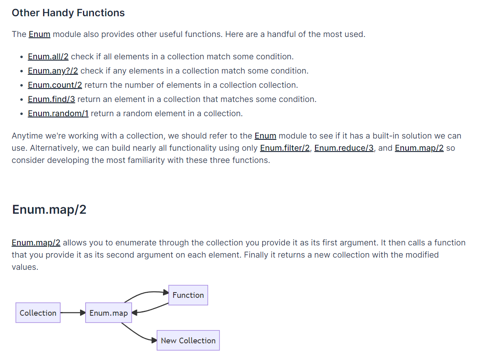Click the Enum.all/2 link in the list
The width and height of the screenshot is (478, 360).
pos(48,56)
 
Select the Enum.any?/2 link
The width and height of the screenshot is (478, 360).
pos(53,71)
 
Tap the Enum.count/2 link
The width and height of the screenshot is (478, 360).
pos(55,85)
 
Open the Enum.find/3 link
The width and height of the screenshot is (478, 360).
pos(51,99)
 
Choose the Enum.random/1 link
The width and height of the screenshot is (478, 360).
pos(58,113)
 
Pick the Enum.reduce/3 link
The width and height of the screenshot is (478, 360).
pos(344,148)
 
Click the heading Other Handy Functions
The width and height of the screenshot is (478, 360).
pos(68,13)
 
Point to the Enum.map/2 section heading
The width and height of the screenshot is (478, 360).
pos(49,209)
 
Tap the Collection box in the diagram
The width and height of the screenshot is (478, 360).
pos(38,313)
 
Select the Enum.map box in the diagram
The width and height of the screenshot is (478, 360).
pos(109,313)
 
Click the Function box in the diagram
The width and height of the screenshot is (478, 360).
pos(188,295)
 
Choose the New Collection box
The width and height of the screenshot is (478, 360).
pos(188,340)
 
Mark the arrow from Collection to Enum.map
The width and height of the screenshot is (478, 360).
pos(73,313)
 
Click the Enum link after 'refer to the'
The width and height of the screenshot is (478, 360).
pos(265,136)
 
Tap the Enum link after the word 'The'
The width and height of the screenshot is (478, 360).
pos(39,34)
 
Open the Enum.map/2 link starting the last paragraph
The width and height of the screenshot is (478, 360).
pos(36,243)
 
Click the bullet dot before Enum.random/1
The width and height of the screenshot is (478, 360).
pos(21,114)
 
